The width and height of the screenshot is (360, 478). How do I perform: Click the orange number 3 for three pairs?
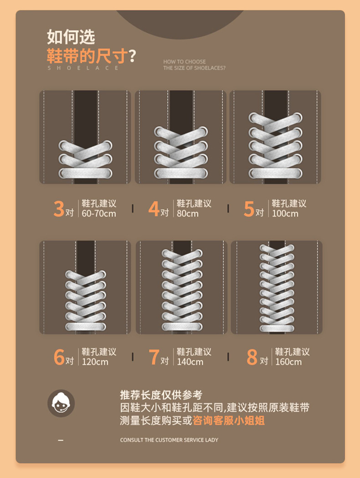click(59, 208)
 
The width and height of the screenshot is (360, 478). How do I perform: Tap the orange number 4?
click(154, 208)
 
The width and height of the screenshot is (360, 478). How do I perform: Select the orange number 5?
click(249, 209)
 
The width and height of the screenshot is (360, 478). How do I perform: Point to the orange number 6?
click(59, 357)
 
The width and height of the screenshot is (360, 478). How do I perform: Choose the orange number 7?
click(154, 357)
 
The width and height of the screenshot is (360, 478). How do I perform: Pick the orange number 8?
click(252, 357)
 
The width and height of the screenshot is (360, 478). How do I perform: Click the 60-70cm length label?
click(99, 213)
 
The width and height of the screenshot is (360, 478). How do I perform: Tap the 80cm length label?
click(187, 213)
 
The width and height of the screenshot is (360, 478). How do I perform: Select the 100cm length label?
click(285, 213)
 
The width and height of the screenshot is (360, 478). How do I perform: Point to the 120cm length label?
click(95, 362)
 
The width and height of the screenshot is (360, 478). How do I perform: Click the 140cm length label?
click(190, 362)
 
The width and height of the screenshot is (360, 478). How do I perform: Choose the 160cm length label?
click(288, 362)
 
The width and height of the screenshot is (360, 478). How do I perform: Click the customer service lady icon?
click(61, 403)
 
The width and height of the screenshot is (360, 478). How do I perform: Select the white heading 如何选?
click(71, 37)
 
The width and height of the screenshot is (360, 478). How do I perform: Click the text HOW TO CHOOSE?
click(184, 62)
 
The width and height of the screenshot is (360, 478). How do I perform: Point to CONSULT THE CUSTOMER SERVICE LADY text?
click(169, 440)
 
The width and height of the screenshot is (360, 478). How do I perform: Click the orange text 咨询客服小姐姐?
click(229, 421)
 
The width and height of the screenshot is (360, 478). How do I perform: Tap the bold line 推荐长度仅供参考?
click(161, 395)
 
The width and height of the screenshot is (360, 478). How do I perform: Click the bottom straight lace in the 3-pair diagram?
click(85, 173)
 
